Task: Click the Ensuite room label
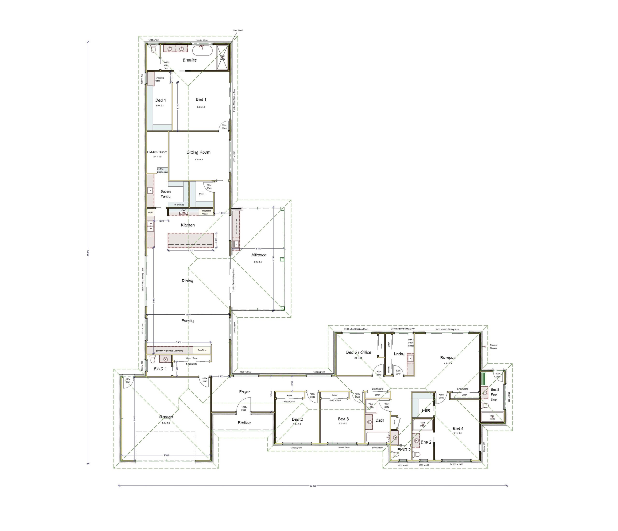[190, 60]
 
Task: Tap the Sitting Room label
[198, 152]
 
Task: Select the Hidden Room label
[157, 152]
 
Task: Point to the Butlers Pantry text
[166, 194]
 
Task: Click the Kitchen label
[188, 225]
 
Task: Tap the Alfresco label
[259, 255]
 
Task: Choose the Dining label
[187, 281]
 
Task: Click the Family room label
[187, 321]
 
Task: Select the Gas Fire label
[202, 350]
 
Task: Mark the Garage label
[166, 417]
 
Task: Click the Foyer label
[244, 392]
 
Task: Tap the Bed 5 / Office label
[358, 352]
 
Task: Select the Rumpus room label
[448, 357]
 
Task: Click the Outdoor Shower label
[493, 347]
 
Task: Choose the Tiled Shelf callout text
[238, 30]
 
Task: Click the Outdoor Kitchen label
[236, 226]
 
